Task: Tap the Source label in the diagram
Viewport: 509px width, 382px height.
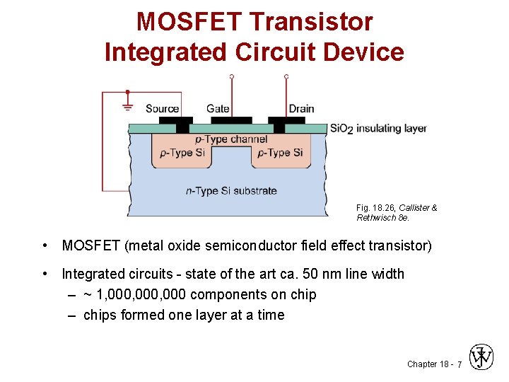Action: tap(162, 108)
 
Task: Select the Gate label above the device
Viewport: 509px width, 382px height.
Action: tap(218, 108)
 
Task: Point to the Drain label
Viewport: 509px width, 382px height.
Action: tap(301, 108)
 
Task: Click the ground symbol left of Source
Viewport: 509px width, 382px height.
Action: tap(127, 106)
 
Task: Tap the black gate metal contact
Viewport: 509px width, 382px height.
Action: tap(230, 120)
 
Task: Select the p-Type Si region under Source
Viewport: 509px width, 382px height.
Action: tap(183, 153)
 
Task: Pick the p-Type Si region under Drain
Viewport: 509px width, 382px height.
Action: tap(280, 153)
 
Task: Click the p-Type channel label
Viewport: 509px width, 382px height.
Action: tap(231, 139)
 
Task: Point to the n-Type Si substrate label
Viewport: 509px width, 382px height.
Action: tap(231, 190)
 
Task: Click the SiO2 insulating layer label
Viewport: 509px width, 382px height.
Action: tap(378, 129)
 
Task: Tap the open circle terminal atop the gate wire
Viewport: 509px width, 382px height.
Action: tap(231, 76)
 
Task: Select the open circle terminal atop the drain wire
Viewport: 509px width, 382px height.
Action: tap(286, 76)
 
